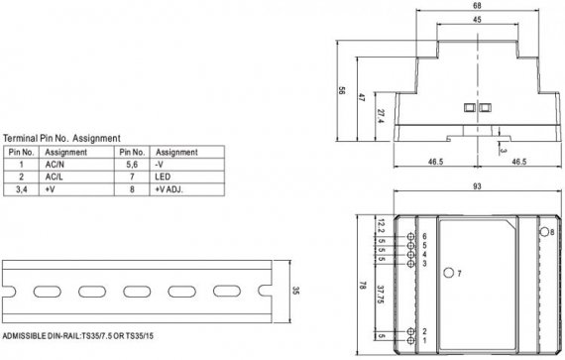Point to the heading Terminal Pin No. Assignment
61,138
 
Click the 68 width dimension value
477,6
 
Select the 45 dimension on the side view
477,20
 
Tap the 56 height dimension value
342,91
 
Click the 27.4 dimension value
380,116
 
